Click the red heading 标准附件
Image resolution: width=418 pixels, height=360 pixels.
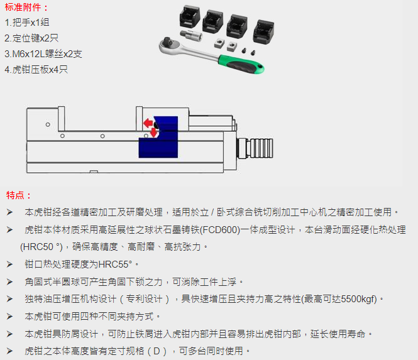point(23,7)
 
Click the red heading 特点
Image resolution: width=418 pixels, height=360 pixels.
point(15,195)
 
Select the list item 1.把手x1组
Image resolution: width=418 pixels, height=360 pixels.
point(27,23)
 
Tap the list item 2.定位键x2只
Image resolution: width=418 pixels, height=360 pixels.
point(31,38)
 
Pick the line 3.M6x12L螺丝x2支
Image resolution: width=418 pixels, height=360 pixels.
point(43,54)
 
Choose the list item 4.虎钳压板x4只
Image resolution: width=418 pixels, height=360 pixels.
point(36,70)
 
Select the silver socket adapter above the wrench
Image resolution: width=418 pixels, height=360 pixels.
point(191,35)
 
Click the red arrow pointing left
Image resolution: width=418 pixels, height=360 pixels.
point(148,123)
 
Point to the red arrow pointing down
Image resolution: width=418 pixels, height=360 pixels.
point(154,133)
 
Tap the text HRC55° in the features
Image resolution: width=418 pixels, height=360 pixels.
point(115,265)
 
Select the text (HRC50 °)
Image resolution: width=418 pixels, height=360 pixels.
point(41,247)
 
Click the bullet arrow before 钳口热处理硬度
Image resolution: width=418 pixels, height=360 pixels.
point(10,265)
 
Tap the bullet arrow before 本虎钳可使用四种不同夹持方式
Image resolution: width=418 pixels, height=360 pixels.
point(10,317)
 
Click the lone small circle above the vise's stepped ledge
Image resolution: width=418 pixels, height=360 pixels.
point(48,124)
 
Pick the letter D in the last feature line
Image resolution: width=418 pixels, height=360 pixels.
point(157,351)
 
